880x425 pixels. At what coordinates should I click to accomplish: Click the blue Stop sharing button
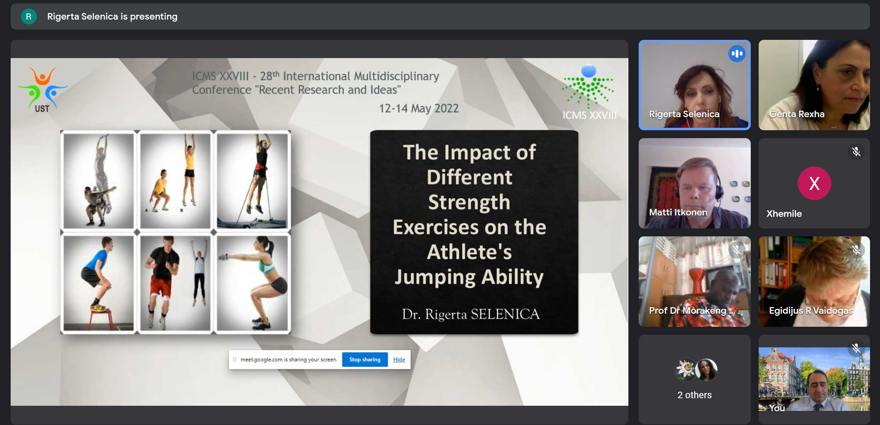pos(365,359)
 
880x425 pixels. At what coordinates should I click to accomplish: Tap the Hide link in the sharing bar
pos(399,359)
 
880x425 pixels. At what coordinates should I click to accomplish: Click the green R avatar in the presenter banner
pos(29,16)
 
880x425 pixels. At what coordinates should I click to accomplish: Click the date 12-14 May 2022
pos(419,108)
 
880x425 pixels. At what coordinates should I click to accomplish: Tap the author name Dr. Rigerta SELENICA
pos(471,314)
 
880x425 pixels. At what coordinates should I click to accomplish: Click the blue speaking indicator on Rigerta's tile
pos(737,54)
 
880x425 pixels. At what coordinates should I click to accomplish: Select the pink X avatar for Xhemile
pos(814,183)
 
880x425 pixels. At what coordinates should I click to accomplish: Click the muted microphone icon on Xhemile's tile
pos(856,152)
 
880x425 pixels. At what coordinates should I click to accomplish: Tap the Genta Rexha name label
pos(797,114)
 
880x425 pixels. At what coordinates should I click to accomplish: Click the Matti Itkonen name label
pos(678,212)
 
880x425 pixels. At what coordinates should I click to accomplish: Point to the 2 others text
pos(694,395)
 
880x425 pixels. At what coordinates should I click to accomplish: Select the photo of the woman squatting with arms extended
pos(252,283)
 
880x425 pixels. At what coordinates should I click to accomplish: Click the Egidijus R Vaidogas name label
pos(811,311)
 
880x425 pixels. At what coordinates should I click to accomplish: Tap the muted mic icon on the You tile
pos(856,348)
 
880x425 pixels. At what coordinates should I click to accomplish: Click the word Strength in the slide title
pos(469,202)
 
